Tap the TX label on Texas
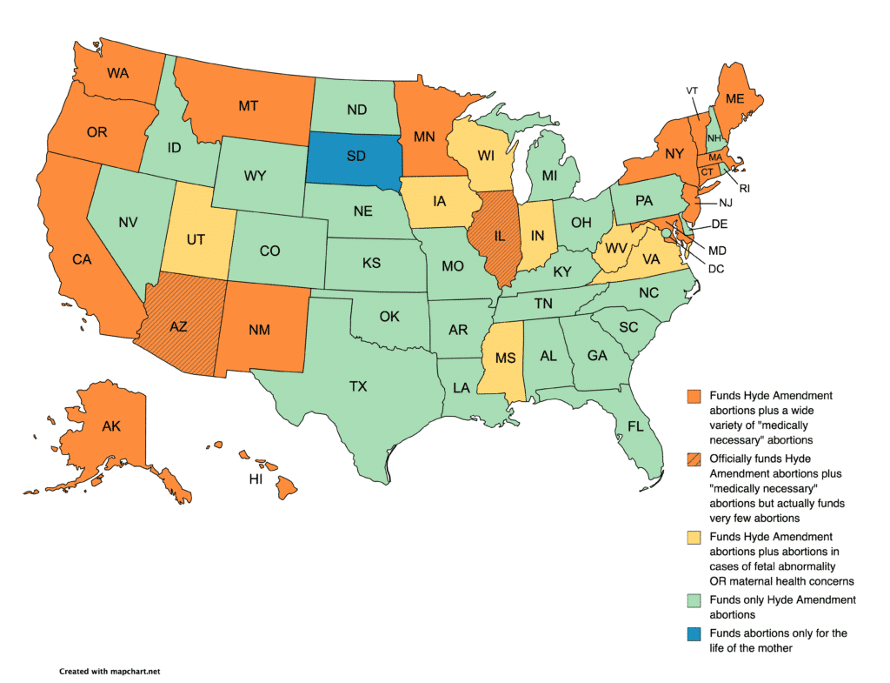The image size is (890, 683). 358,386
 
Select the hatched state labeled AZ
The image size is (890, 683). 177,325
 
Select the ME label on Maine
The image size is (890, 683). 735,99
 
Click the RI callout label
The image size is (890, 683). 745,187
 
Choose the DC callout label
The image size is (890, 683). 716,269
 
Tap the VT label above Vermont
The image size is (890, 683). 692,90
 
